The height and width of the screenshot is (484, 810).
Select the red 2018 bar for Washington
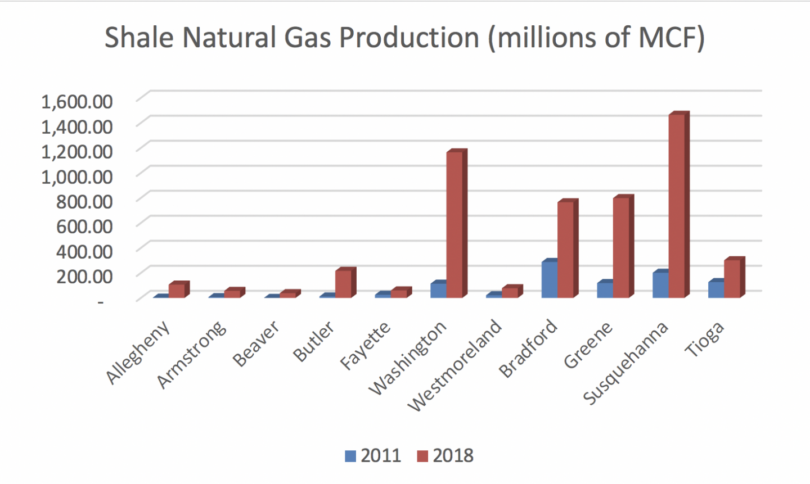[457, 223]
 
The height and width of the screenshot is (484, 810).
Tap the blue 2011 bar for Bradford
[550, 278]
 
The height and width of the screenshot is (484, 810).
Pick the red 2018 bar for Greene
[624, 247]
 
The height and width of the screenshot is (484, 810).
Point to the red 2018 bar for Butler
[346, 283]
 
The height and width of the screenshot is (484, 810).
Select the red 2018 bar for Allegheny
[179, 290]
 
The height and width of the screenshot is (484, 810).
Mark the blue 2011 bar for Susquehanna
[660, 284]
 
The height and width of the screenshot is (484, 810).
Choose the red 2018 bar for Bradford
[568, 248]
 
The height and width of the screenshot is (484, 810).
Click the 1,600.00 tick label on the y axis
[77, 102]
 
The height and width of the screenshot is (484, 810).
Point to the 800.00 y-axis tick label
[84, 201]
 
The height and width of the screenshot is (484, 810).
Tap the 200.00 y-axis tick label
[84, 277]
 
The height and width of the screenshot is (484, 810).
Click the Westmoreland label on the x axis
[455, 365]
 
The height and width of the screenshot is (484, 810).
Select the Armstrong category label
[192, 355]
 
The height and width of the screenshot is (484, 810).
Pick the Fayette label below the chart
[366, 346]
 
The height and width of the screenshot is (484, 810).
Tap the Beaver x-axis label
[256, 343]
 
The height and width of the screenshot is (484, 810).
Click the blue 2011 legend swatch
[350, 456]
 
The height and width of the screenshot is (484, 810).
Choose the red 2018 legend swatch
[422, 456]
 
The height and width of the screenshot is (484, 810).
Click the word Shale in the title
[139, 37]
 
